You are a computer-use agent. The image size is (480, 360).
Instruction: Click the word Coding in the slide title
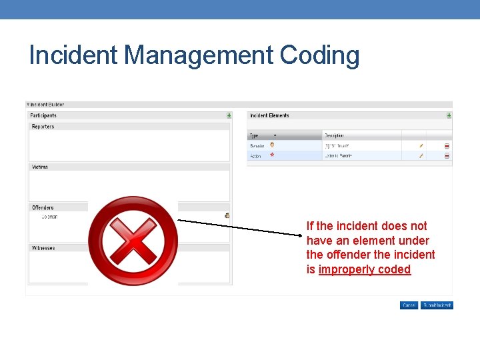click(x=320, y=55)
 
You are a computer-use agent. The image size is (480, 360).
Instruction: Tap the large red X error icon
click(x=133, y=241)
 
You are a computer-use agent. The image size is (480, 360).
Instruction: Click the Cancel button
click(x=409, y=305)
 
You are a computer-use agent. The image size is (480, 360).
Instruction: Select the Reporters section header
click(x=43, y=127)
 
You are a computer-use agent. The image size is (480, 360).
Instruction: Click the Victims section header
click(x=40, y=167)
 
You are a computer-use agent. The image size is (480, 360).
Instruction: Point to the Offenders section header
click(x=43, y=208)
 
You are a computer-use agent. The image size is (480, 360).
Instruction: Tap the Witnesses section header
click(x=44, y=248)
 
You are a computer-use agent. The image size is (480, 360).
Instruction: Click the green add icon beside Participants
click(x=229, y=115)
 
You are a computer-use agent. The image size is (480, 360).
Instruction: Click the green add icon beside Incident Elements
click(x=449, y=115)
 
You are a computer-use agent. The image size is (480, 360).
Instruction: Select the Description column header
click(x=335, y=135)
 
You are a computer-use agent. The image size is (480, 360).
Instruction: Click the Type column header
click(x=255, y=135)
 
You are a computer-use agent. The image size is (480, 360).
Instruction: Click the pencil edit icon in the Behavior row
click(x=421, y=146)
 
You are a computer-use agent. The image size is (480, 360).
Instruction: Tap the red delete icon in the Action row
click(x=447, y=156)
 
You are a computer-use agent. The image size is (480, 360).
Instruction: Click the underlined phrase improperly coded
click(x=365, y=269)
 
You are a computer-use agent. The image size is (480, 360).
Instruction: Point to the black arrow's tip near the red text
click(x=302, y=234)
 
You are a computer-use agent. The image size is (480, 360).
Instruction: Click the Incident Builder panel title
click(x=47, y=105)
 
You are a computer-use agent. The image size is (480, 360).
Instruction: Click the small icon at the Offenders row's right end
click(x=227, y=215)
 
